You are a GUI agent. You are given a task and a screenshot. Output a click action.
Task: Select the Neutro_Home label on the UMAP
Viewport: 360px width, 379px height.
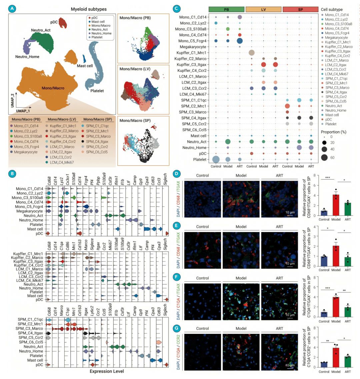coord(27,57)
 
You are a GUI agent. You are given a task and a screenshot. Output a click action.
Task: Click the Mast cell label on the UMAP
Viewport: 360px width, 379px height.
coord(85,66)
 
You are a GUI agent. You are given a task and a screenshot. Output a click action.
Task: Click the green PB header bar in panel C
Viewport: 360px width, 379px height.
coord(227,9)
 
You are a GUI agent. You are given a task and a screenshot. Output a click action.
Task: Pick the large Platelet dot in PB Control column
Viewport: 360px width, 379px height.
coord(216,160)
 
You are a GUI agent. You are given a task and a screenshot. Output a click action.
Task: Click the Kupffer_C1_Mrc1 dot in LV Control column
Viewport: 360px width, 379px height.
coord(252,53)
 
